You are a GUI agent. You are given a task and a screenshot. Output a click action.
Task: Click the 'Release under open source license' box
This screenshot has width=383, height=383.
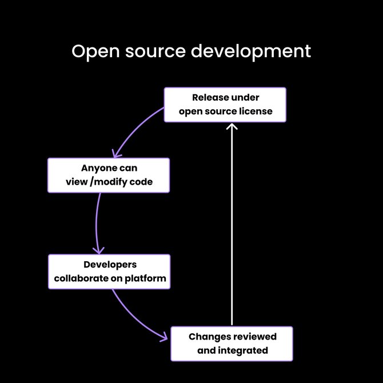pyautogui.click(x=225, y=105)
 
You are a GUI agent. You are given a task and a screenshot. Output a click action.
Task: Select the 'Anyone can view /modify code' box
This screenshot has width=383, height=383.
pyautogui.click(x=109, y=175)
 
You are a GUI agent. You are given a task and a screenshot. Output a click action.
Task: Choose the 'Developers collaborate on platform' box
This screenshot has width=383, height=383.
pyautogui.click(x=109, y=272)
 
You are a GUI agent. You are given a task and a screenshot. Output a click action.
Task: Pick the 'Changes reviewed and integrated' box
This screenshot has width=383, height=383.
pyautogui.click(x=232, y=344)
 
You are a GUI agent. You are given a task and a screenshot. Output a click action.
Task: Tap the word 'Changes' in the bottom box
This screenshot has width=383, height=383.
pyautogui.click(x=207, y=337)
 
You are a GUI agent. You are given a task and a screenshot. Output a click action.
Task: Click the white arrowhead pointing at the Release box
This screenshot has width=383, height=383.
pyautogui.click(x=232, y=126)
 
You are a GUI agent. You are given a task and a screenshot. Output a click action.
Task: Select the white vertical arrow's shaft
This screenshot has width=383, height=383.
pyautogui.click(x=232, y=229)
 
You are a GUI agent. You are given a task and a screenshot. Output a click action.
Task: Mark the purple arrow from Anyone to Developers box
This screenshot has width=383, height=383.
pyautogui.click(x=95, y=223)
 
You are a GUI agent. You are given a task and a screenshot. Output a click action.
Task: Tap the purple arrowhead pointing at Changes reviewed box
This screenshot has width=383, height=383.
pyautogui.click(x=164, y=337)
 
